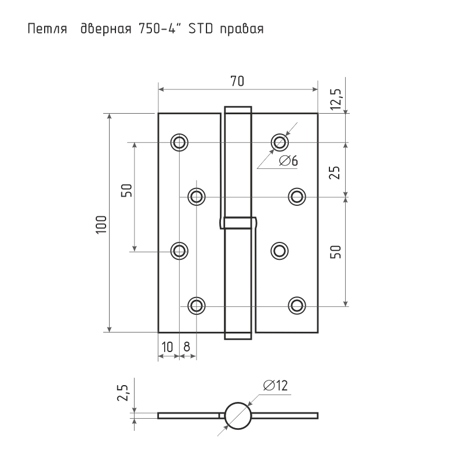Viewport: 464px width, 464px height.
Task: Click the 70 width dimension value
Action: point(237,81)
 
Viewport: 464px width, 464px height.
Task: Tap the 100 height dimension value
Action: point(101,224)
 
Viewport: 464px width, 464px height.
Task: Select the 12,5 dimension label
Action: point(336,99)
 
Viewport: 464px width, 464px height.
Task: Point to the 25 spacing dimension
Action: point(335,172)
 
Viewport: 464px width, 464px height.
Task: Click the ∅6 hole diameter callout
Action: point(288,161)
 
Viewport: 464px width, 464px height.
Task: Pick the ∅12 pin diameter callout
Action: point(275,385)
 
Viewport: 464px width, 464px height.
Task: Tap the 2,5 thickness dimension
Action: point(123,393)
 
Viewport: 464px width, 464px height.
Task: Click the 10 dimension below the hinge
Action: point(168,346)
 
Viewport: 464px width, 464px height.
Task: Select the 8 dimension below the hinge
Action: point(187,346)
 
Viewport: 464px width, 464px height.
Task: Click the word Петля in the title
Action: point(48,30)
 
